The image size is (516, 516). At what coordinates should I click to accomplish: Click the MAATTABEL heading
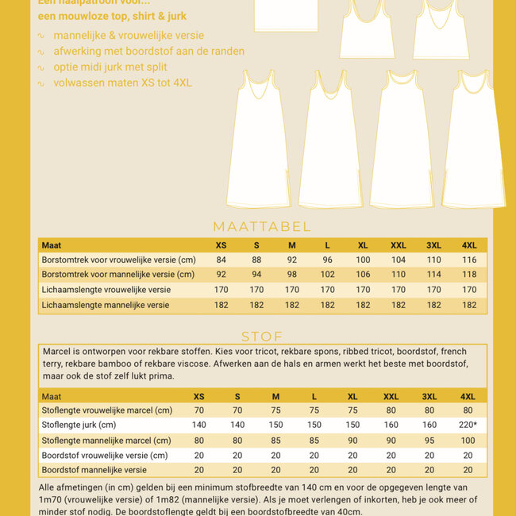point(262,227)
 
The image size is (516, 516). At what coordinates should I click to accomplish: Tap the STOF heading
point(262,337)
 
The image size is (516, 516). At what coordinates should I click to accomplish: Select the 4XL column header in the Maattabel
point(468,245)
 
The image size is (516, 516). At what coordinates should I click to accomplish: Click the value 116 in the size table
point(468,260)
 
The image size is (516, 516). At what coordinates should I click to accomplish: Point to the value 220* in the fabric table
point(466,426)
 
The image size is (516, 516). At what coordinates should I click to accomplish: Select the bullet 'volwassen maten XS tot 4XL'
point(122,83)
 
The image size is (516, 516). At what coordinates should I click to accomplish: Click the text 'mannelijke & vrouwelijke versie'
point(129,36)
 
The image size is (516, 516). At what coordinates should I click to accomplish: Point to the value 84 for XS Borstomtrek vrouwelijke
point(221,260)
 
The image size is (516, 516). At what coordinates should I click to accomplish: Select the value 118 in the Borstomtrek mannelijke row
point(468,275)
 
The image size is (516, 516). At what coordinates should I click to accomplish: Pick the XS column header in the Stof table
point(199,396)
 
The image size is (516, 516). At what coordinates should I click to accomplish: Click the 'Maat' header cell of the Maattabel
point(52,245)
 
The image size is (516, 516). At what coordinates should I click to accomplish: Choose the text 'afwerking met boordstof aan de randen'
point(148,52)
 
